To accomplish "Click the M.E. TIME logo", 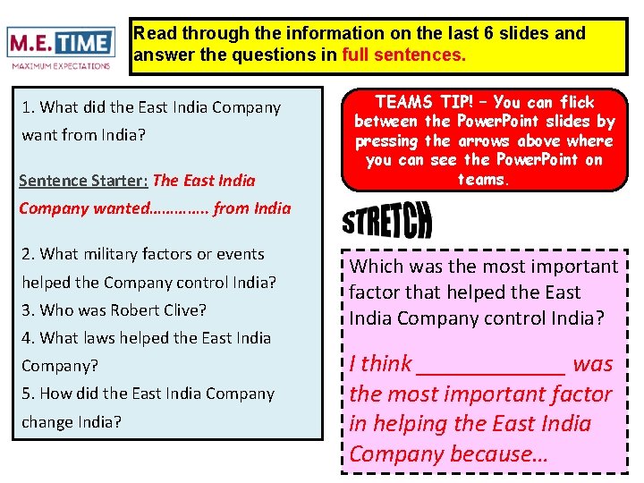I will pyautogui.click(x=61, y=43).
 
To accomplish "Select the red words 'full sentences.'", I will pyautogui.click(x=404, y=55).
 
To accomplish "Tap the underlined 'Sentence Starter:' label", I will pyautogui.click(x=83, y=180).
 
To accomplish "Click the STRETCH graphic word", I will pyautogui.click(x=386, y=219).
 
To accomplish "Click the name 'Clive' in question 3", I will pyautogui.click(x=185, y=310).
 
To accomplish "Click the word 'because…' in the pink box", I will pyautogui.click(x=499, y=453).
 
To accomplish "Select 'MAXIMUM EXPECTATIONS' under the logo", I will pyautogui.click(x=61, y=65).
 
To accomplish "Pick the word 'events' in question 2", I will pyautogui.click(x=239, y=254).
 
